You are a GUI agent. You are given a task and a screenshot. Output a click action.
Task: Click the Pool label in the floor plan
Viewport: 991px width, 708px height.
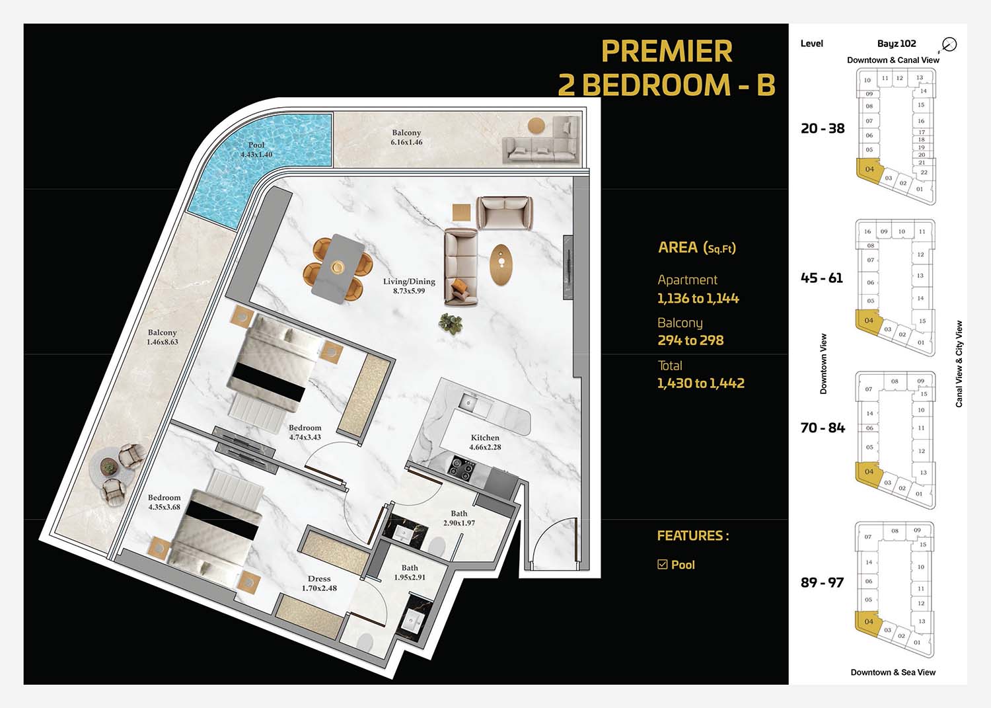tap(256, 149)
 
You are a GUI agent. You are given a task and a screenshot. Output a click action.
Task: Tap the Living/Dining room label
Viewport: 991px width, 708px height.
tap(409, 286)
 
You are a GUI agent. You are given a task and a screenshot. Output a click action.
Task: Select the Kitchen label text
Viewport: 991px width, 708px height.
tap(485, 442)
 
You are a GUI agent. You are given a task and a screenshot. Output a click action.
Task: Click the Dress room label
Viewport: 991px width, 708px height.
tap(319, 583)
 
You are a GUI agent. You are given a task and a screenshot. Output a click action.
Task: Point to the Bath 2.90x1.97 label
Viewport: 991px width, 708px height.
tap(459, 518)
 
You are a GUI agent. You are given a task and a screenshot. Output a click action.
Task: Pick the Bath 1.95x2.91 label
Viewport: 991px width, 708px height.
tap(409, 572)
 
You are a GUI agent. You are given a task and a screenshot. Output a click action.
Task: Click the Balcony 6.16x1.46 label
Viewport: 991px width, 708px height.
tap(406, 138)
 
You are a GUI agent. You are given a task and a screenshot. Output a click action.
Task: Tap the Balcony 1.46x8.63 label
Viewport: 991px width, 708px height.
tap(162, 337)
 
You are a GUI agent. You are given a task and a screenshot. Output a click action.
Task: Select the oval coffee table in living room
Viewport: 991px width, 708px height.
tap(501, 264)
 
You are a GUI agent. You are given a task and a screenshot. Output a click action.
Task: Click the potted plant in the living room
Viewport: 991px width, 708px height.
tap(451, 324)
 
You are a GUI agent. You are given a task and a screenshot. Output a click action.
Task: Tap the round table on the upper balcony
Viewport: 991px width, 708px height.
tap(536, 126)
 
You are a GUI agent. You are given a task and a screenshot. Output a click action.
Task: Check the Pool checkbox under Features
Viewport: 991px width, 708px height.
tap(662, 564)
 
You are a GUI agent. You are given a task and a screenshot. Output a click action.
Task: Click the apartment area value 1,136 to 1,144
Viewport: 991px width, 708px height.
tap(698, 298)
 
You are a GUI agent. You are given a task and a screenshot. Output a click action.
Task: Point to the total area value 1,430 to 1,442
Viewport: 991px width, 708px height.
tap(701, 383)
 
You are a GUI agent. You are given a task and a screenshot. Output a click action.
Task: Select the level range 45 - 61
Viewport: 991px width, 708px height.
tap(822, 278)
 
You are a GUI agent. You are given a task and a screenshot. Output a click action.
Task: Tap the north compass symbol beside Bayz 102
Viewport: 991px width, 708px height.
tap(949, 44)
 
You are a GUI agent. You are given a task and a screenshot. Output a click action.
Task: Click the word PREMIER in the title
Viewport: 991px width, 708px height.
tap(667, 52)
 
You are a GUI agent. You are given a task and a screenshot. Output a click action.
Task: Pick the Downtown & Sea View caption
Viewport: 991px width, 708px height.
tap(893, 672)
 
